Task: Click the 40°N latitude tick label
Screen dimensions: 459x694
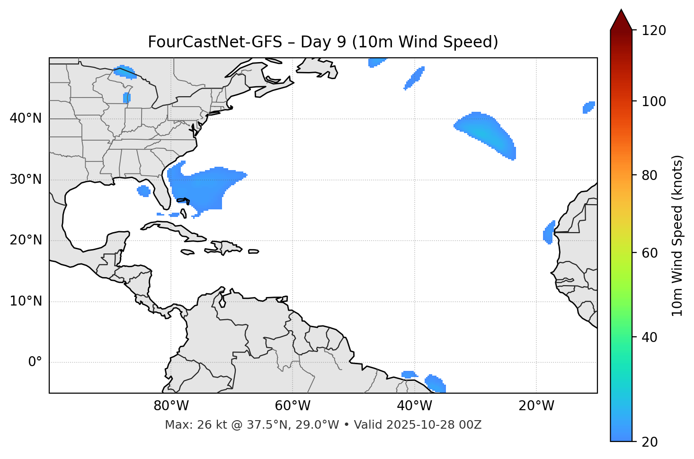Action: [26, 118]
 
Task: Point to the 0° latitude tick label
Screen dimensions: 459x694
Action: [35, 362]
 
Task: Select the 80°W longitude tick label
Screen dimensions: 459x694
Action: [171, 406]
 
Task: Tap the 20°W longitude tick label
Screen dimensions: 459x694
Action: [536, 406]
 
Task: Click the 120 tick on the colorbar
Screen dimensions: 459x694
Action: [654, 31]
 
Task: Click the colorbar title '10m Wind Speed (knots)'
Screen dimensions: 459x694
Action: [677, 235]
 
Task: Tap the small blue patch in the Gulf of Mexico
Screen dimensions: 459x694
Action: [143, 191]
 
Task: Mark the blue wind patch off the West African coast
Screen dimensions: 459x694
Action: [548, 233]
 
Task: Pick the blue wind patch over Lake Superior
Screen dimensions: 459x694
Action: [125, 72]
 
